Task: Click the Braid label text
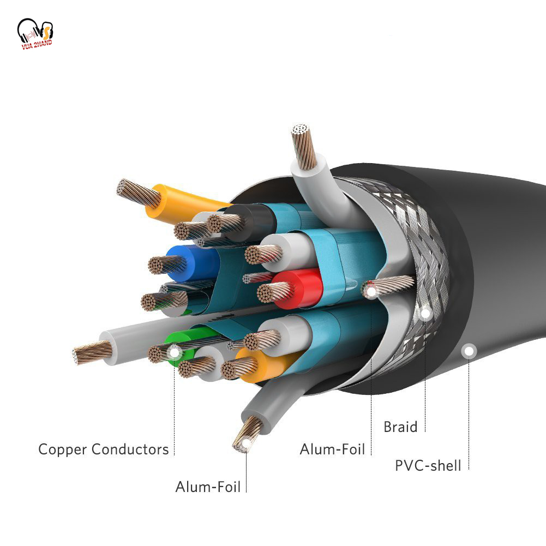400,427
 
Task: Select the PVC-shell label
428,465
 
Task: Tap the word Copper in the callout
63,450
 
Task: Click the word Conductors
130,449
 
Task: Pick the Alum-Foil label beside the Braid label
332,449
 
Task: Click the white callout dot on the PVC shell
468,351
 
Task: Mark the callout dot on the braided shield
425,313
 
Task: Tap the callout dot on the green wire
174,352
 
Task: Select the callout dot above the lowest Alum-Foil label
246,444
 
